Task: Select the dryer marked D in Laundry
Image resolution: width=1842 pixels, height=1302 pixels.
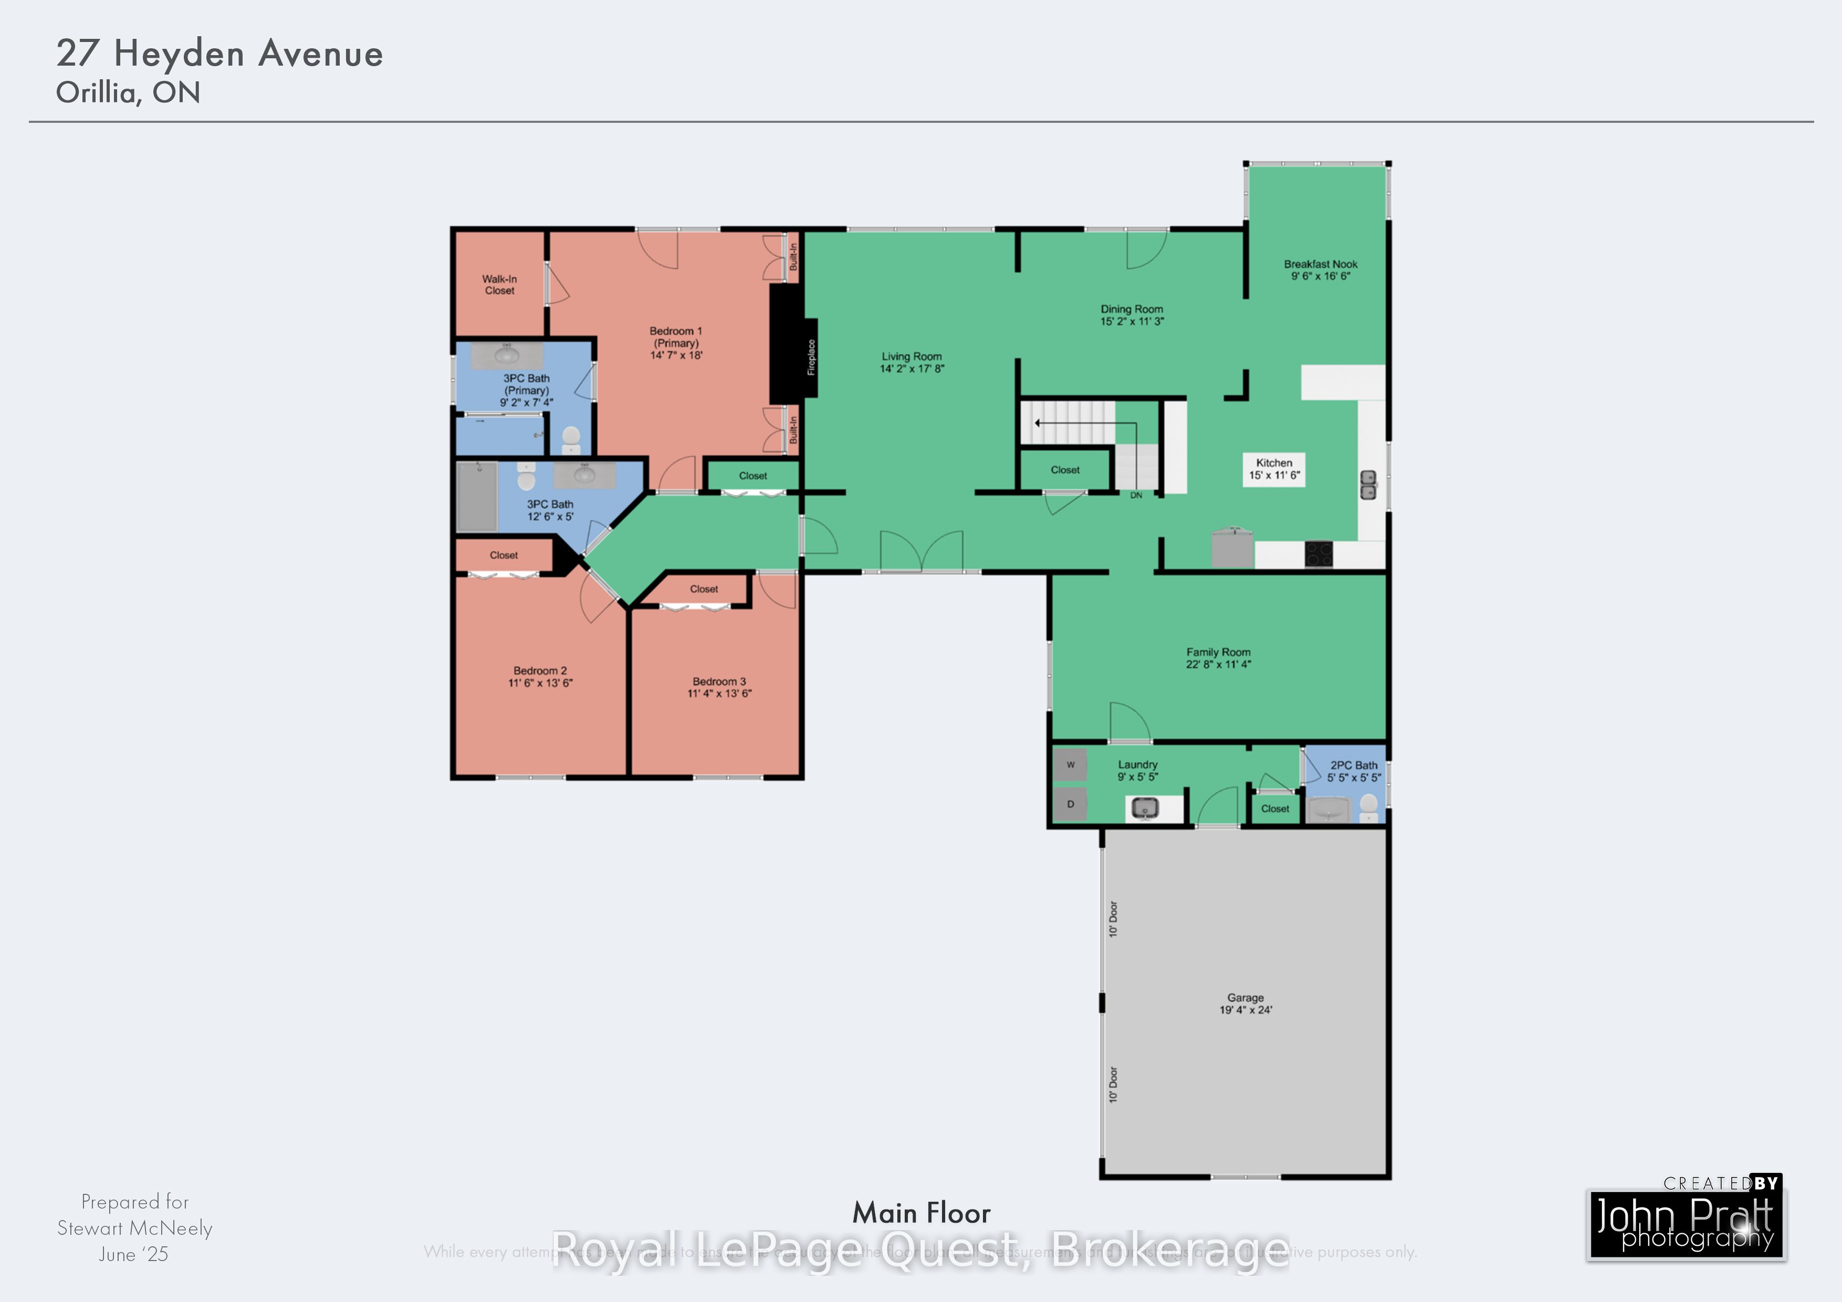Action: [1070, 804]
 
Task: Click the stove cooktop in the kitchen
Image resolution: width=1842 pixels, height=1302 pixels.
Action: [1318, 553]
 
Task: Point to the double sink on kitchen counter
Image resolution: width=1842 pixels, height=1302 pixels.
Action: [1369, 485]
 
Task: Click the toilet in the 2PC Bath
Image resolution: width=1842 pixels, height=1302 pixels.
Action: [1369, 807]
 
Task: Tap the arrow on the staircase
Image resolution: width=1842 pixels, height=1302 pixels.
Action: [1040, 423]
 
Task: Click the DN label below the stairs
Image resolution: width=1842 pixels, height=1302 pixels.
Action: [1136, 496]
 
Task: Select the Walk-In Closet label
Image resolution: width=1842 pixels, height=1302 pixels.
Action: [499, 285]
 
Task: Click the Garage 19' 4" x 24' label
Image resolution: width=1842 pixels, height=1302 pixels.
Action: [1245, 1004]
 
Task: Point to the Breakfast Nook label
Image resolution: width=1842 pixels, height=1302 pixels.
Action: [1321, 269]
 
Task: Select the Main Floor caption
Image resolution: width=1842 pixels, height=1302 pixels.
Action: [921, 1213]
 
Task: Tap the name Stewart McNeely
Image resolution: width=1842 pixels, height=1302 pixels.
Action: [135, 1228]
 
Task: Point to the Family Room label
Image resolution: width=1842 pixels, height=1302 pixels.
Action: [1218, 658]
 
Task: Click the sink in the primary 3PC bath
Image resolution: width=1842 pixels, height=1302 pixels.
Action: [506, 354]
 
